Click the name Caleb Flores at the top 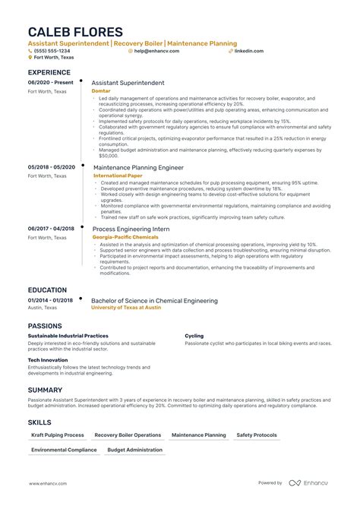tap(76, 32)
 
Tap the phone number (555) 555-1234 tap(50, 51)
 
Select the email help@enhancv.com tap(154, 51)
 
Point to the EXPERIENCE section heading tap(49, 72)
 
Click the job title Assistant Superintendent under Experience tap(128, 82)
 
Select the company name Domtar tap(100, 90)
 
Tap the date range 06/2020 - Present tap(51, 82)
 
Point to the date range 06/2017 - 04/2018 tap(51, 229)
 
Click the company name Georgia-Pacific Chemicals tap(125, 237)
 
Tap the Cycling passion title tap(194, 335)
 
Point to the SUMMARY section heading tap(46, 390)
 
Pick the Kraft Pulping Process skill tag tap(57, 435)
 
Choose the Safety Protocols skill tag tap(256, 435)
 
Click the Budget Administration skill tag tap(134, 450)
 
